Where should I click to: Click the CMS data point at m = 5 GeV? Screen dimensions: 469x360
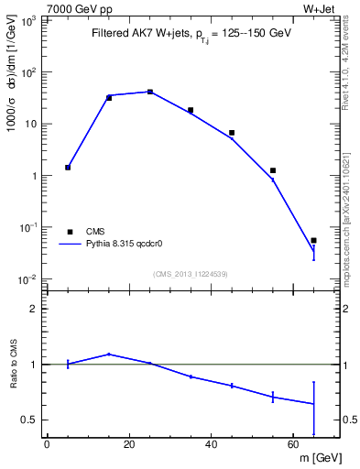click(x=68, y=168)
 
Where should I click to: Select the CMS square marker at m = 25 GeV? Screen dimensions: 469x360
click(x=150, y=92)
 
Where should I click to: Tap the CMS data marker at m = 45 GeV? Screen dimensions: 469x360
click(x=232, y=133)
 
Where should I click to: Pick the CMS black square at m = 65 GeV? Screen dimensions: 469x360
click(x=313, y=240)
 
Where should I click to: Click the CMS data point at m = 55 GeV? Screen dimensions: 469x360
click(x=273, y=170)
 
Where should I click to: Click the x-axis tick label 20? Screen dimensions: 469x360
click(x=128, y=446)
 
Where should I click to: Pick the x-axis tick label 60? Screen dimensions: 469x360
click(x=293, y=446)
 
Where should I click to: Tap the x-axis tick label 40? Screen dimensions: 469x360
click(x=211, y=446)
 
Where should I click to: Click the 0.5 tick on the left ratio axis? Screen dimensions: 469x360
click(x=34, y=420)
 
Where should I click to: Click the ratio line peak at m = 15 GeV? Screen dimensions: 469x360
click(x=109, y=354)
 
